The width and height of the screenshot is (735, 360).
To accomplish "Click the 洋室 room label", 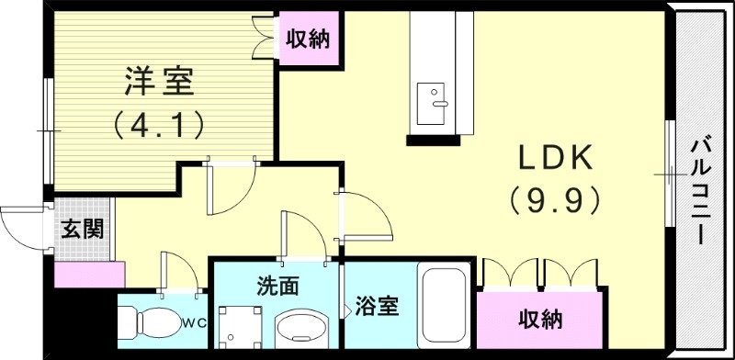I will point(159,83).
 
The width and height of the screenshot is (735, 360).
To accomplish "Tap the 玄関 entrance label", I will point(82,229).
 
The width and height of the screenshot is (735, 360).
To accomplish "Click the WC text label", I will point(194,322).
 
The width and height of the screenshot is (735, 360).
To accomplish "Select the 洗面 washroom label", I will point(277,285).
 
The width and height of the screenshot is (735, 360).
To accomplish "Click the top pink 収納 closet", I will point(307,39).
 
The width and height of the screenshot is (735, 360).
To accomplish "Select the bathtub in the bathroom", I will point(445,308).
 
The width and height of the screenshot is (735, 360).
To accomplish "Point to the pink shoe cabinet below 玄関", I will point(89,274).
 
